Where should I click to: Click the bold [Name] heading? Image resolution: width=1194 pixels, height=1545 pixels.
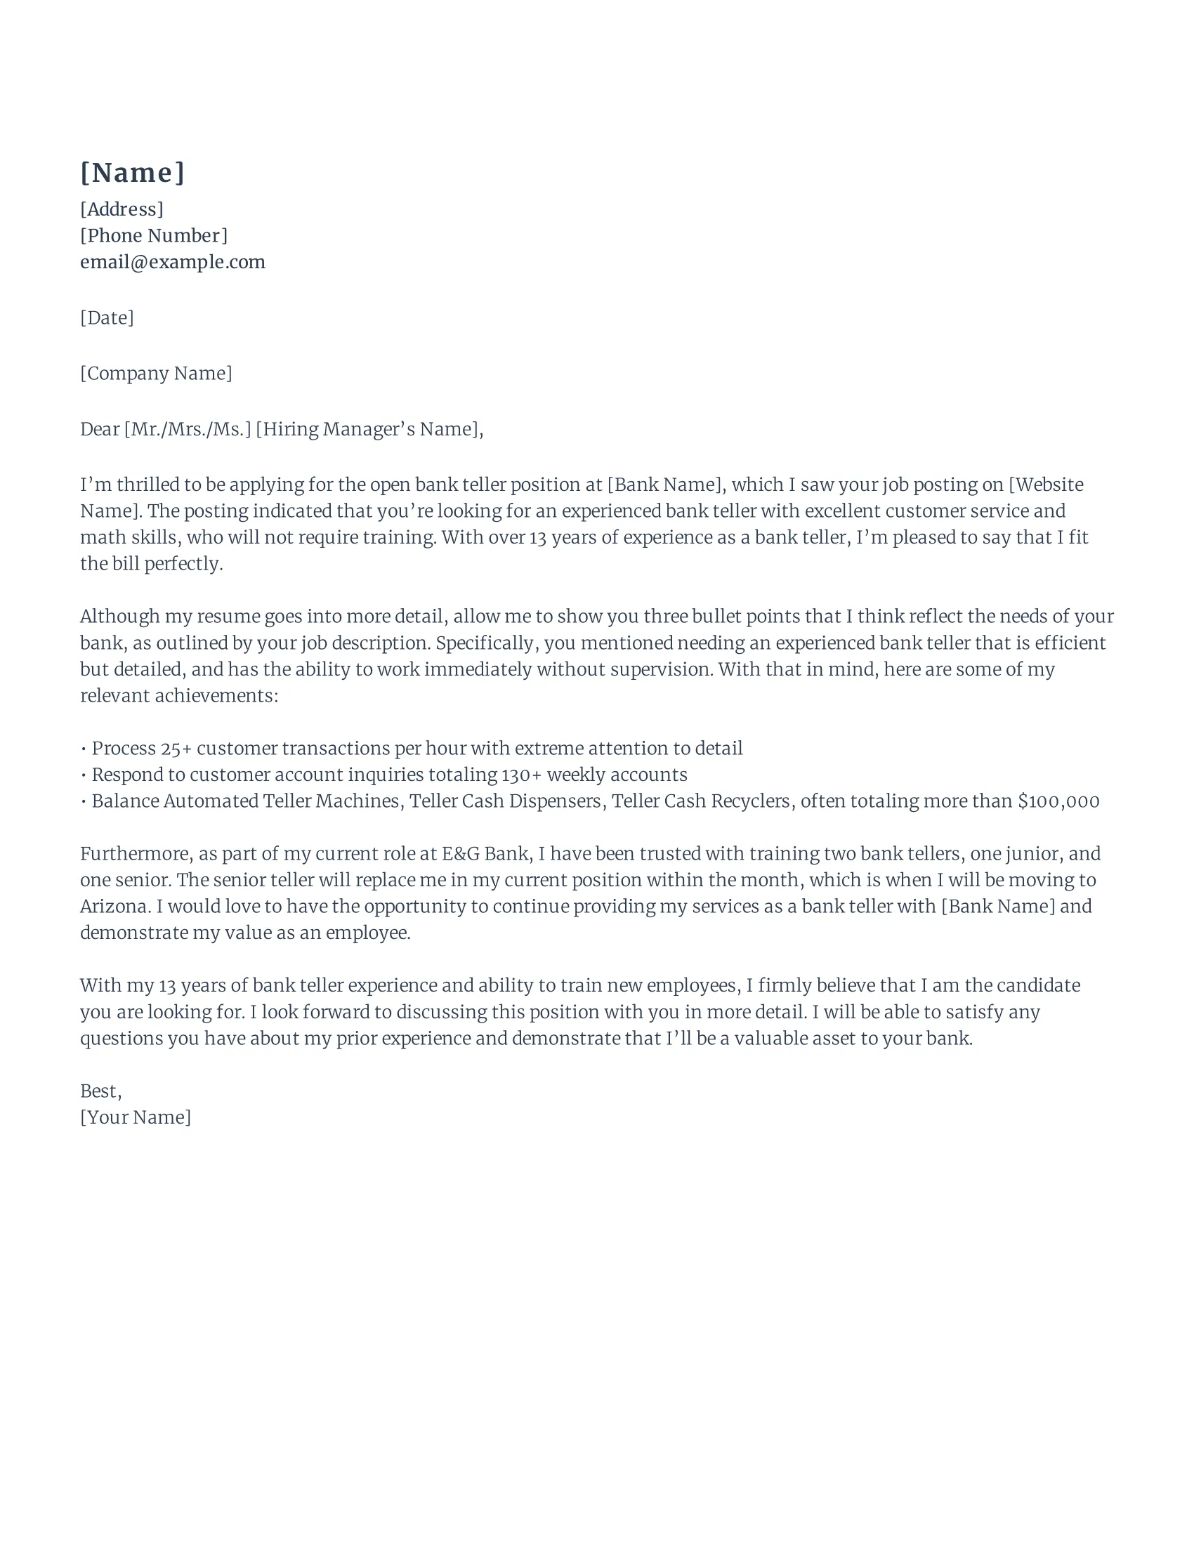click(x=132, y=173)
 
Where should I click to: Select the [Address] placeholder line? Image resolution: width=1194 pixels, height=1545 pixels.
click(x=122, y=209)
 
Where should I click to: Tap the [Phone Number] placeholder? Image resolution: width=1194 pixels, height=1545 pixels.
click(x=154, y=235)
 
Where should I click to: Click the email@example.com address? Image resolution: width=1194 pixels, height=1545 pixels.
click(x=173, y=262)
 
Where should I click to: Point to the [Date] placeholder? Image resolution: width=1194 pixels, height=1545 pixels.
click(x=107, y=317)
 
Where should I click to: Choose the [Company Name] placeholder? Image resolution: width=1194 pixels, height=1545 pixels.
click(x=156, y=374)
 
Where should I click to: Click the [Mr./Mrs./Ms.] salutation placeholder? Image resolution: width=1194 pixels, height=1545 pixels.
click(x=188, y=429)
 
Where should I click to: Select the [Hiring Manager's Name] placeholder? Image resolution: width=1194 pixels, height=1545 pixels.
click(x=368, y=429)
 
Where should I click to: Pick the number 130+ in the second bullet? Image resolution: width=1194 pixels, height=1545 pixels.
click(x=521, y=775)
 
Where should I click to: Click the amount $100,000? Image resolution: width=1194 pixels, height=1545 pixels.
click(x=1058, y=801)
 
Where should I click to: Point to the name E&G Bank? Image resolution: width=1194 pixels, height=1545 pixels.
click(x=485, y=854)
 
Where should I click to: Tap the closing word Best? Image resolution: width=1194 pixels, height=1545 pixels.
click(x=99, y=1091)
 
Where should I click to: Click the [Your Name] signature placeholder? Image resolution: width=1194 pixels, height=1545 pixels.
click(x=135, y=1118)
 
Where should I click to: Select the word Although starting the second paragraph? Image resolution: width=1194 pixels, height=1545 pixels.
click(x=119, y=616)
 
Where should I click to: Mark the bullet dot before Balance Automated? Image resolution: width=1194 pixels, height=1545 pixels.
click(x=84, y=801)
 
